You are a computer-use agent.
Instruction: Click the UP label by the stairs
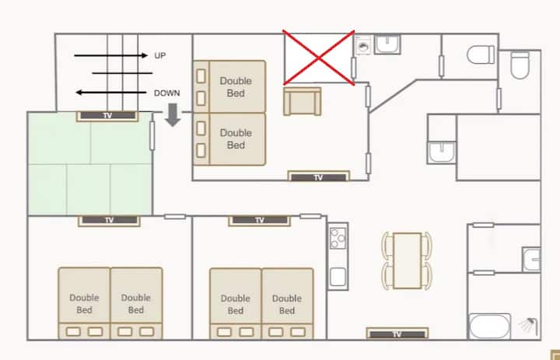pos(160,55)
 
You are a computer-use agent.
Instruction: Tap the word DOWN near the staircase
pos(166,93)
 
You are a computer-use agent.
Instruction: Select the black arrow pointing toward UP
pos(110,55)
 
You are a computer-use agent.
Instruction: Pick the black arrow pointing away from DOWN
pos(111,93)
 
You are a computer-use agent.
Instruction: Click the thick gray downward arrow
pos(173,114)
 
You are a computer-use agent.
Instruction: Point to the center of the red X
pos(319,58)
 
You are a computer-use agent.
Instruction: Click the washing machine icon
pos(363,45)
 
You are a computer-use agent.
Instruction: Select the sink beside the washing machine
pos(387,44)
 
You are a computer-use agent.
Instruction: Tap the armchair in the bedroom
pos(302,101)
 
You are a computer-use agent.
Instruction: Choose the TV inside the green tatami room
pos(107,116)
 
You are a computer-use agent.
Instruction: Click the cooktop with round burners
pos(338,238)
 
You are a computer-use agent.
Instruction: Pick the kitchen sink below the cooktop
pos(338,277)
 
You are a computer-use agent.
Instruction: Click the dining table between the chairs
pos(407,260)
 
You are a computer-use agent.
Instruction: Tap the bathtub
pos(489,326)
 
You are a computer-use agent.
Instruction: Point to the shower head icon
pos(528,325)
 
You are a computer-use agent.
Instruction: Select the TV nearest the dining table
pos(397,334)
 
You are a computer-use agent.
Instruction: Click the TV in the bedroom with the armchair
pos(319,177)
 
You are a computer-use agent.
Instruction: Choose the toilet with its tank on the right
pos(481,54)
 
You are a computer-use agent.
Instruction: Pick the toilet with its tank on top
pos(520,65)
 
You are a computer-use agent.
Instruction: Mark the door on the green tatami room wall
pos(152,136)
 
